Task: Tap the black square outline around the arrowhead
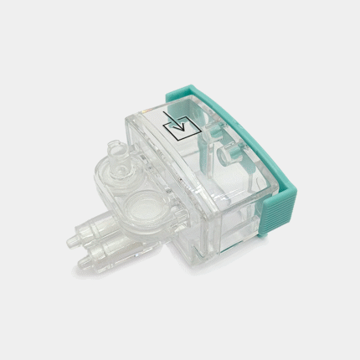177,129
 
